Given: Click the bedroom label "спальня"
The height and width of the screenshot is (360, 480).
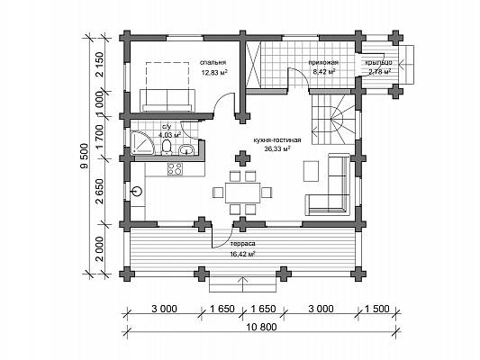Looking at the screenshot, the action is (x=213, y=62).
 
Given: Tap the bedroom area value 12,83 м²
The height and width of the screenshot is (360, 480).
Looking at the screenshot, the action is (x=214, y=72).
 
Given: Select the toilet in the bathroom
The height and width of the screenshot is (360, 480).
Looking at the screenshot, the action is (x=167, y=147).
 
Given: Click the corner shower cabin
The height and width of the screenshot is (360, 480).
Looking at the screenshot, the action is (x=141, y=142).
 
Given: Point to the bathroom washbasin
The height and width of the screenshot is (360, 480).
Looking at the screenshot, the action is (x=186, y=149).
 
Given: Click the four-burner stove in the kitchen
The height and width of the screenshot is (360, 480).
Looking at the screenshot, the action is (x=175, y=169).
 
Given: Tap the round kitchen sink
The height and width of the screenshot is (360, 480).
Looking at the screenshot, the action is (x=137, y=192).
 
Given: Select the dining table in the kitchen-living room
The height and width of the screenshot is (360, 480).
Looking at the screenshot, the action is (x=243, y=193).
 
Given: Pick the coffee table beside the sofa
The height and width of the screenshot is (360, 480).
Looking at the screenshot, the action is (x=311, y=171).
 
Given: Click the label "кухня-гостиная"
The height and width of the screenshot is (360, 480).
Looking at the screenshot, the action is (x=277, y=140).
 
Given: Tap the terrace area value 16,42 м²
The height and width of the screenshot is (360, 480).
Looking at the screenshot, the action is (x=243, y=254).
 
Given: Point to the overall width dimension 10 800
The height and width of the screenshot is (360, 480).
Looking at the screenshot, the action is (x=261, y=327).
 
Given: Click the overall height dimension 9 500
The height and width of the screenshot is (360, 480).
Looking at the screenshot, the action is (x=84, y=156).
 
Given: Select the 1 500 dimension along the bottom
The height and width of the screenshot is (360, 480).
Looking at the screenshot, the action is (x=376, y=309).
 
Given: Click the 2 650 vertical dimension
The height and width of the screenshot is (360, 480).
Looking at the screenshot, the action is (x=100, y=192).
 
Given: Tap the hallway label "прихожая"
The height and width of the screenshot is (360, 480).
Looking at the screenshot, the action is (x=323, y=63).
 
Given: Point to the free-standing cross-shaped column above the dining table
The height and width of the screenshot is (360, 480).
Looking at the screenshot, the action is (x=242, y=158).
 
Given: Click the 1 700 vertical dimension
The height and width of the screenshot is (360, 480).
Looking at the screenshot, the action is (x=100, y=137).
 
